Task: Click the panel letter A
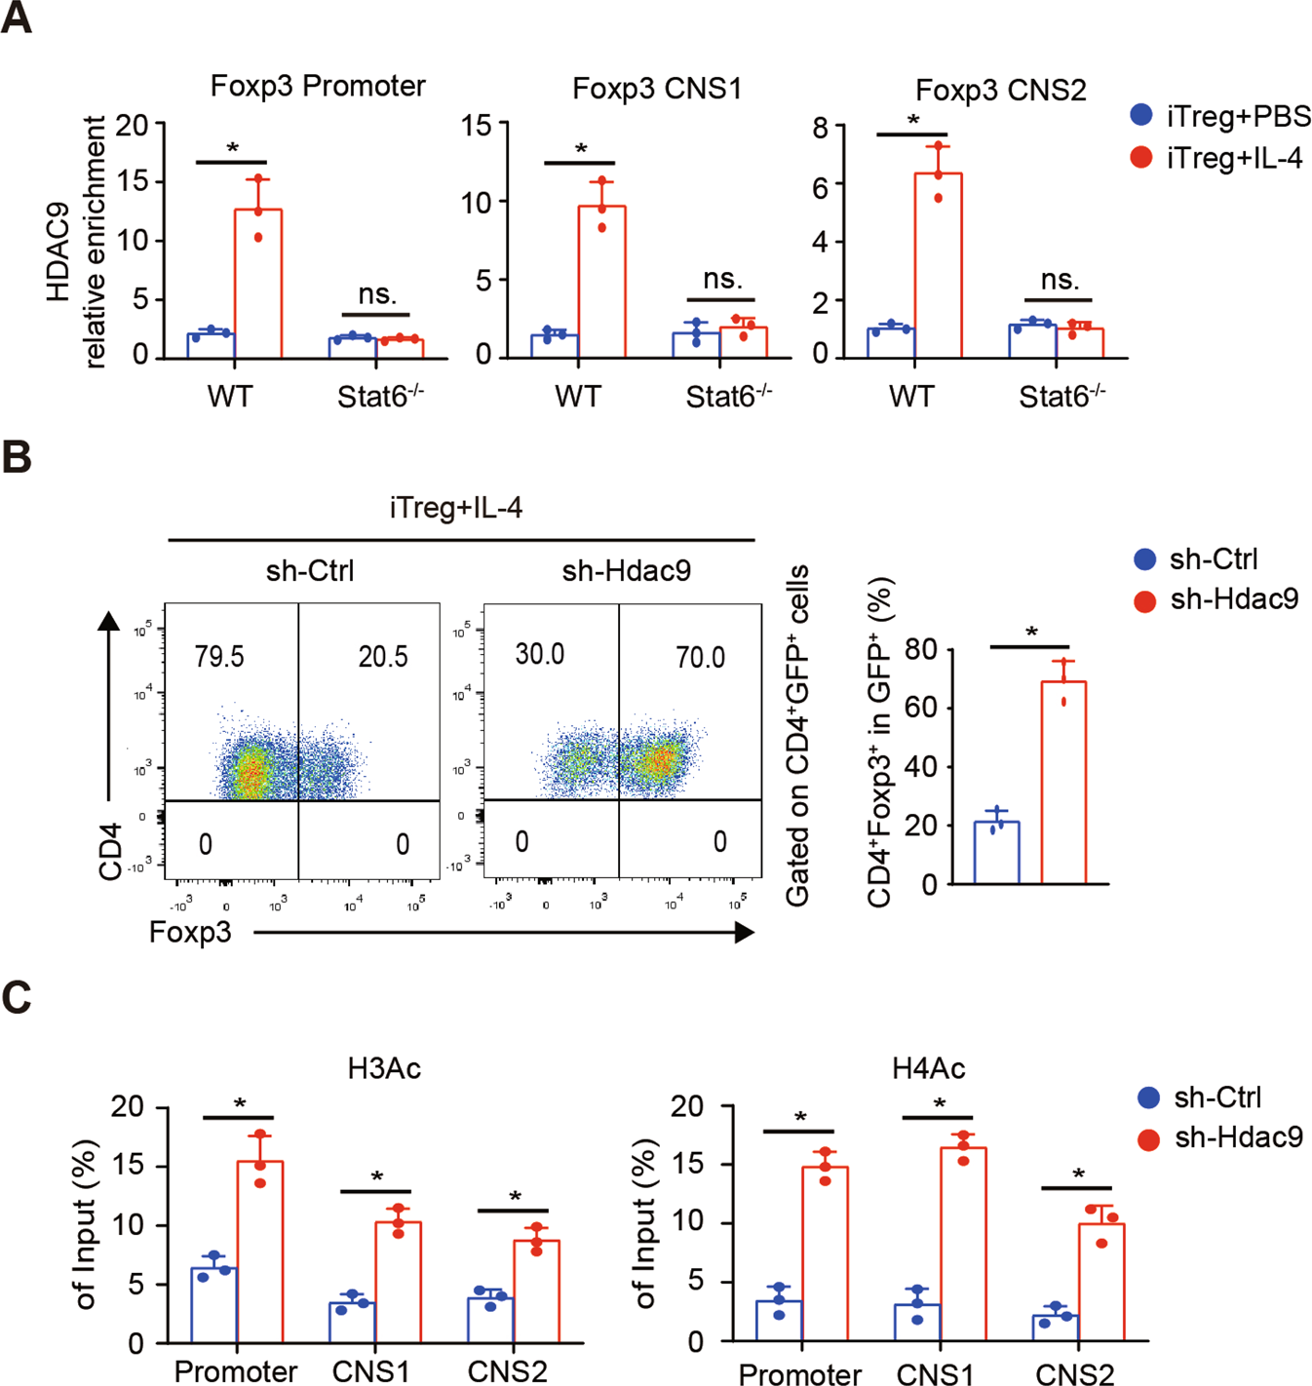pos(17,19)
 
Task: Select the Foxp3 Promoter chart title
pos(318,86)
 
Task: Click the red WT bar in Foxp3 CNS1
pos(601,282)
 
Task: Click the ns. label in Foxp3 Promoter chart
pos(377,294)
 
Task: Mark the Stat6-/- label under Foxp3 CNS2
pos(1061,397)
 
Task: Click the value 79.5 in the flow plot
pos(219,657)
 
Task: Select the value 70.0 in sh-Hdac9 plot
pos(700,658)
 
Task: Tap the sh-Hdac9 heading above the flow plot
pos(626,570)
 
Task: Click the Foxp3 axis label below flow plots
pos(190,933)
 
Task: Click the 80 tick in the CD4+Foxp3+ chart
pos(920,650)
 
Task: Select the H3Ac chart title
pos(384,1069)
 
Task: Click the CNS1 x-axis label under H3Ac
pos(370,1371)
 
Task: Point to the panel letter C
pos(17,998)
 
